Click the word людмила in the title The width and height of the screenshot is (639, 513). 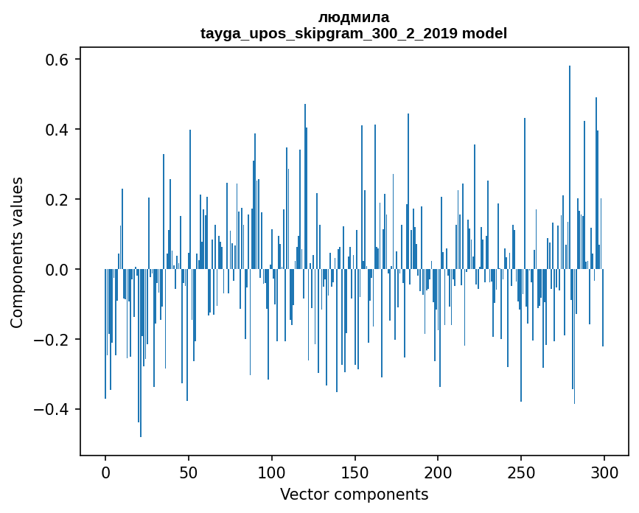click(x=354, y=17)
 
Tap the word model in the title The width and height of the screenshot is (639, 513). click(x=484, y=33)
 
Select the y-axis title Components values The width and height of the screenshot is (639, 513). click(x=17, y=252)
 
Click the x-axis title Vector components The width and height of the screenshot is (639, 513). click(x=354, y=494)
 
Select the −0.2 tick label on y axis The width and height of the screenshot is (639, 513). click(x=53, y=340)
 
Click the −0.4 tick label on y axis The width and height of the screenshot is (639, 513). click(x=53, y=410)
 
